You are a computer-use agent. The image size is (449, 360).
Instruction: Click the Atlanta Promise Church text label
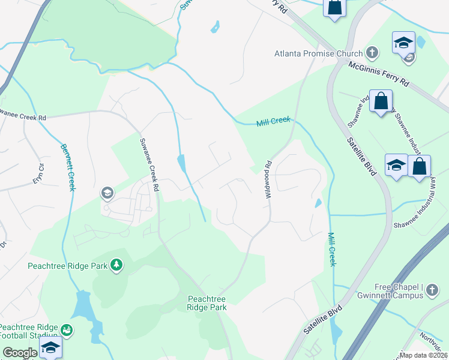coord(318,53)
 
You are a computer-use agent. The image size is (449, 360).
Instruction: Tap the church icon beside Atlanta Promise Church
coord(372,53)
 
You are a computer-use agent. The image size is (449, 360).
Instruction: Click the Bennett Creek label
coord(67,167)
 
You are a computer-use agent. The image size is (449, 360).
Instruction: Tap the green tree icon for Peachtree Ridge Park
coord(118,265)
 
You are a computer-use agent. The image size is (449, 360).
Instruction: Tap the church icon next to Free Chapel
coord(432,292)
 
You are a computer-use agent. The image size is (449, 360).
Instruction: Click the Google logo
coord(20,353)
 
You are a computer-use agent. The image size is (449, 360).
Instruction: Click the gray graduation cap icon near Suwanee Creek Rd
coord(107,193)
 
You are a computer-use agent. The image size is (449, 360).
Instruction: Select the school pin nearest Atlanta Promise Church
coord(404,43)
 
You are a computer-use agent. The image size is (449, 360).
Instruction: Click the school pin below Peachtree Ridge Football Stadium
coord(50,347)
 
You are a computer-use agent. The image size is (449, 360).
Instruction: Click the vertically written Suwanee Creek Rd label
coord(148,164)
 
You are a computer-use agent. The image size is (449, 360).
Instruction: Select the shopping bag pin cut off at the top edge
coord(335,7)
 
